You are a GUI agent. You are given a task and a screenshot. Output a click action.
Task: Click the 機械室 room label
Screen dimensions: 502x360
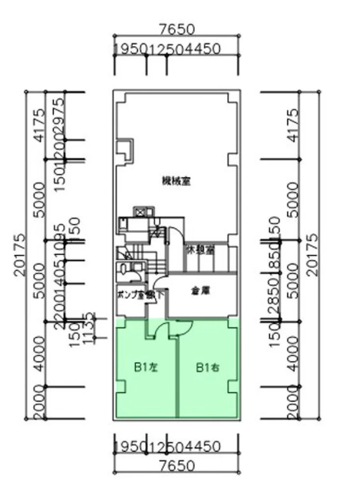pos(176,181)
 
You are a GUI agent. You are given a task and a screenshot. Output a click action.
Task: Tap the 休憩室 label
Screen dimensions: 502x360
pos(200,250)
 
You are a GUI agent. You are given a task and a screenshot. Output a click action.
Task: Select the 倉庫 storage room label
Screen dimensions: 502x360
pos(200,290)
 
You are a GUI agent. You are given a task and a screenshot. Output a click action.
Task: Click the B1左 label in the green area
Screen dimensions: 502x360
pos(145,366)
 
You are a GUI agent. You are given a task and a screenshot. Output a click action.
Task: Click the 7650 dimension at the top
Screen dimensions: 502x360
pos(177,29)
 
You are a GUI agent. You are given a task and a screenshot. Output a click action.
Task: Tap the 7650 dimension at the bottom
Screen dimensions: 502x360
pos(177,465)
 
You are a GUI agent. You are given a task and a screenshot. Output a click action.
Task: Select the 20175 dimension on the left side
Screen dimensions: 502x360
pos(20,255)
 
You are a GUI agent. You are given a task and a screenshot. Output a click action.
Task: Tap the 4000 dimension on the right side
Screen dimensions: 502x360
pos(292,353)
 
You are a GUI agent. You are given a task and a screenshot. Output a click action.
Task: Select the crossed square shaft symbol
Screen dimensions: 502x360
pos(140,212)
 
